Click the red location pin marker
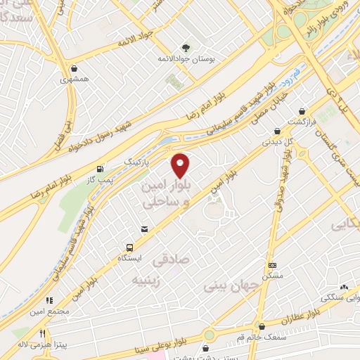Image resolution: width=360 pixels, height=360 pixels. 181,165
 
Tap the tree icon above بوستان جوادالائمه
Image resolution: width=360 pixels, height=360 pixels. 185,47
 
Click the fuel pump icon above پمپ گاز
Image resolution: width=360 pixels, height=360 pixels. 100,169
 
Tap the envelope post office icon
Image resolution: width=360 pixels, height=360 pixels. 144,229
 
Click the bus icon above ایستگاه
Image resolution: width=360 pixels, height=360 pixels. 129,247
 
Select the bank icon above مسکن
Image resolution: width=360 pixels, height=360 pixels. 273,265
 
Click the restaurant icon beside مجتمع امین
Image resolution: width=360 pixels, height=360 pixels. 49,300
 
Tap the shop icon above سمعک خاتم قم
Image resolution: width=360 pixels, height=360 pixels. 262,326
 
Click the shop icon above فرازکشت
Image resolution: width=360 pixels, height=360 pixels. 302,111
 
